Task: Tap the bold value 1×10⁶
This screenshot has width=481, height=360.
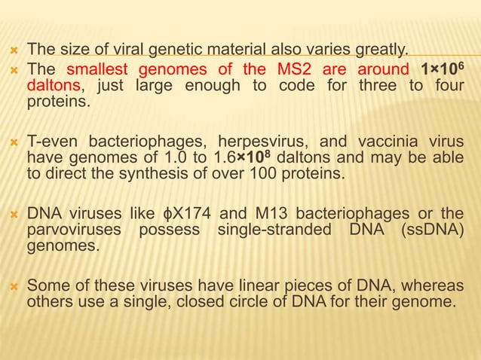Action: pos(442,70)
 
